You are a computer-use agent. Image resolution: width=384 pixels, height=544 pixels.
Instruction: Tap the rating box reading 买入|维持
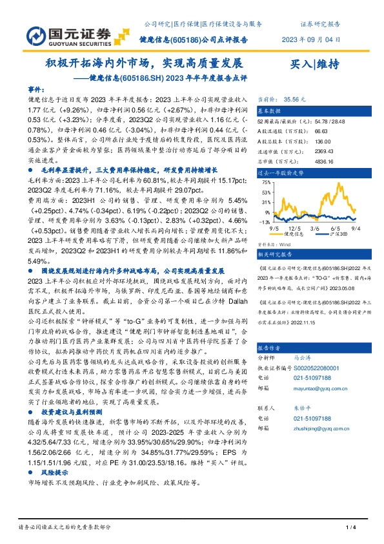316,64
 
